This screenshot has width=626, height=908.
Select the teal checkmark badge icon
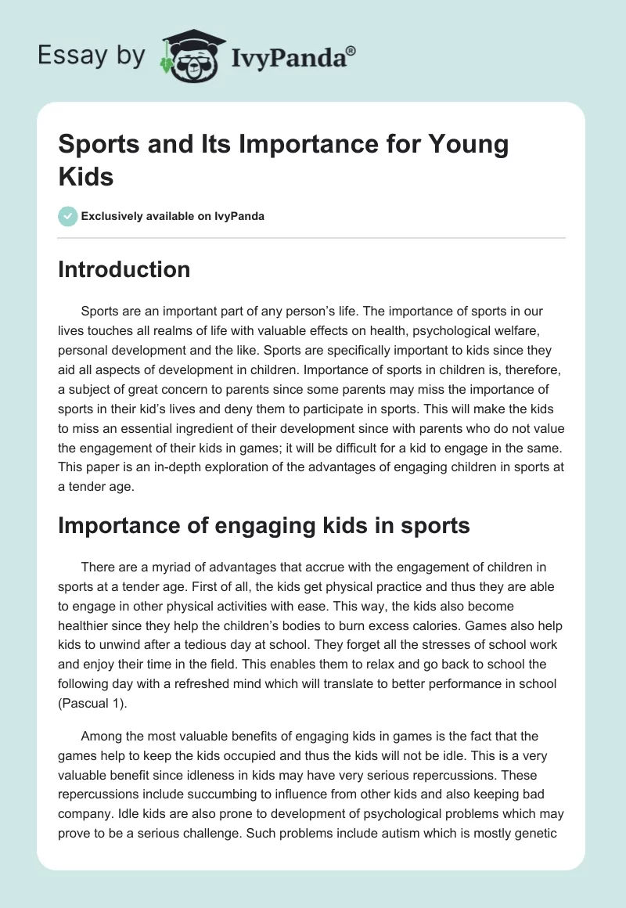tap(68, 216)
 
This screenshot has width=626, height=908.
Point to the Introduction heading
tap(124, 269)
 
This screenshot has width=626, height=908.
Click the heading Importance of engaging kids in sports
tap(264, 525)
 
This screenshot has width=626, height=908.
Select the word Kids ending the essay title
tap(86, 176)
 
